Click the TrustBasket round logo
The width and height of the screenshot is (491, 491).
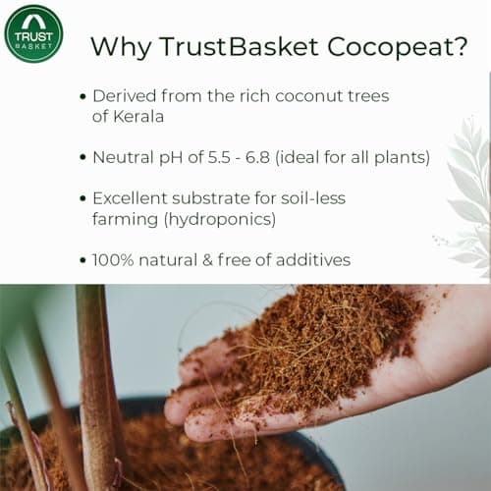(33, 33)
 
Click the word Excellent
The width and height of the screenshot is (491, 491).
(134, 198)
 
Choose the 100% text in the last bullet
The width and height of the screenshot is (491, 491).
(113, 260)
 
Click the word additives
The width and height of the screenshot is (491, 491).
(315, 260)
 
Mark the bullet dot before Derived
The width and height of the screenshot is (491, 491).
(81, 96)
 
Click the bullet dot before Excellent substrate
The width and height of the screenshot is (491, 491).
(81, 199)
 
